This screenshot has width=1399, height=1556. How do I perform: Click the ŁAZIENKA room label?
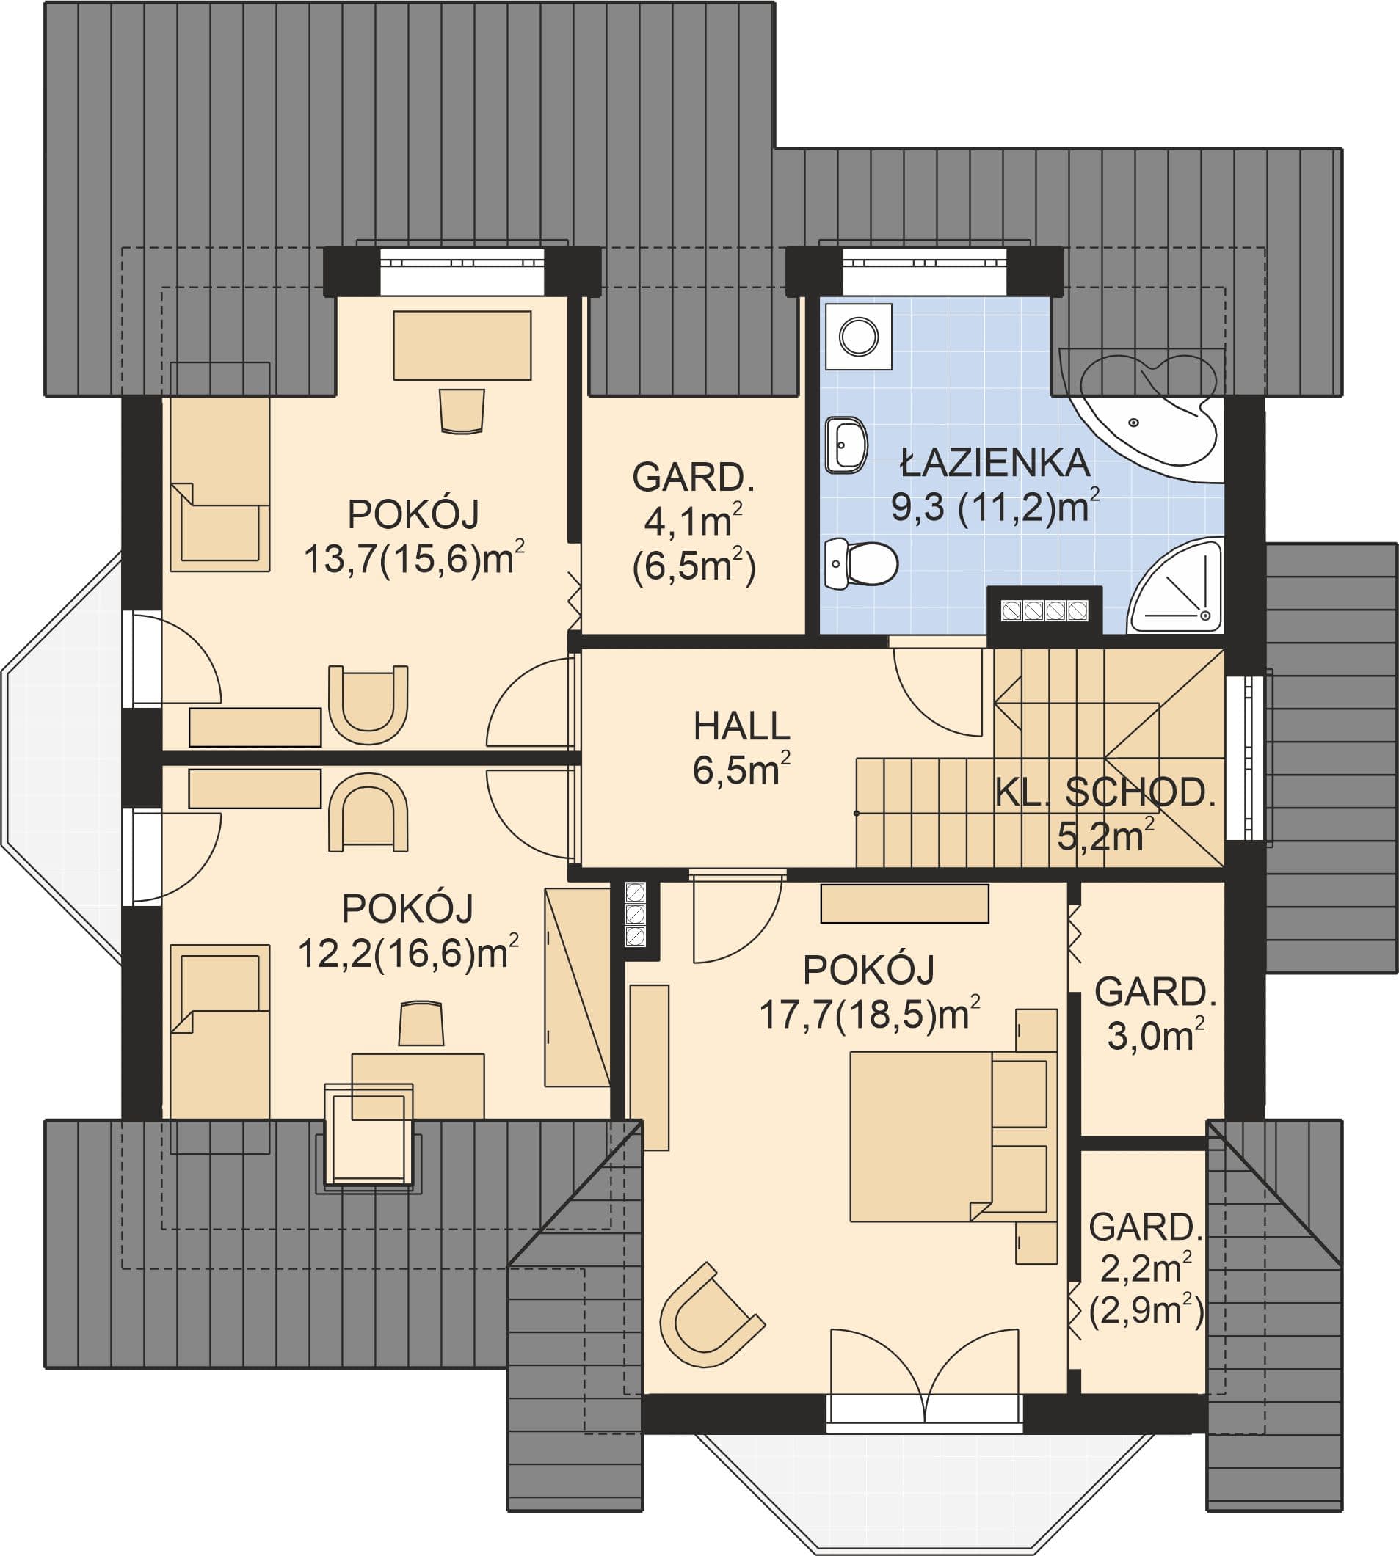(995, 463)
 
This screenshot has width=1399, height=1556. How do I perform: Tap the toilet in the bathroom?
(861, 563)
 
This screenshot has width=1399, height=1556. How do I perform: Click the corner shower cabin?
(1176, 585)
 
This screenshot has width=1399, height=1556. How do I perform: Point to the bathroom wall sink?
(846, 445)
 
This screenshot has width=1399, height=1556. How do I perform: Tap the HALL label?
(742, 726)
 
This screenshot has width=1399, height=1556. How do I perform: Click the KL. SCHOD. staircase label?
(1105, 793)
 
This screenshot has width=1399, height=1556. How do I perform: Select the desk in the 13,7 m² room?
(462, 345)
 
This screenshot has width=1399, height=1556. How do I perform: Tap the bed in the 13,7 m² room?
(220, 484)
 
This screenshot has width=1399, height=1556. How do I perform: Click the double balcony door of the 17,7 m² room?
(925, 1377)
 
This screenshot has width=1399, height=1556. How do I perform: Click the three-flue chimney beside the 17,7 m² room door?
(636, 914)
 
